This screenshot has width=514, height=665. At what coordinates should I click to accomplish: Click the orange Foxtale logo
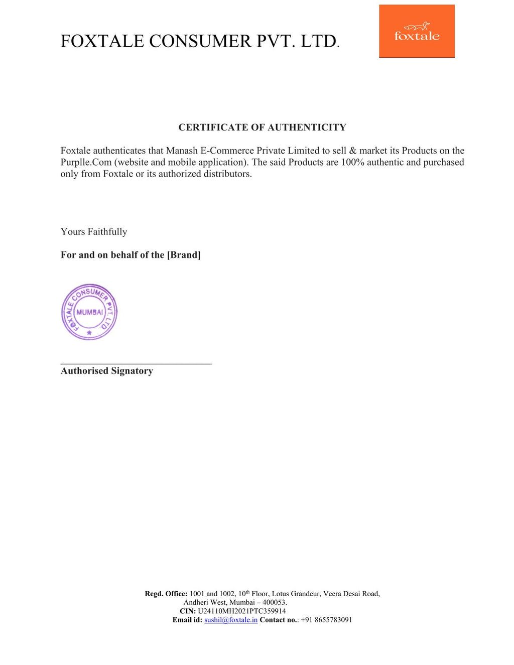[417, 31]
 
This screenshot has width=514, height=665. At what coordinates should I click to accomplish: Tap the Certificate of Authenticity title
[262, 127]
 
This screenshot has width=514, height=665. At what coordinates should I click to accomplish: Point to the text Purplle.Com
[86, 162]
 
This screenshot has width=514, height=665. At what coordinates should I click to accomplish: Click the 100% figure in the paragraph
[352, 162]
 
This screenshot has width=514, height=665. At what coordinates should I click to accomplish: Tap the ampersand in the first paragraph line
[352, 151]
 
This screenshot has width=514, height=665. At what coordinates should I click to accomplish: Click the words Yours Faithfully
[94, 232]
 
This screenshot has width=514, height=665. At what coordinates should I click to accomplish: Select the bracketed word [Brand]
[184, 255]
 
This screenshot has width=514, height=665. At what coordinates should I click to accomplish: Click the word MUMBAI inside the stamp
[89, 312]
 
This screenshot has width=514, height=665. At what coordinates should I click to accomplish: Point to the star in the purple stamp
[89, 332]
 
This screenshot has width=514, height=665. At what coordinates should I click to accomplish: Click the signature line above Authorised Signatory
[136, 363]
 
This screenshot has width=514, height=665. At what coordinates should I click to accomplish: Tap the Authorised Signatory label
[106, 371]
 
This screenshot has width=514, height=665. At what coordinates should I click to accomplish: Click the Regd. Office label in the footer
[166, 594]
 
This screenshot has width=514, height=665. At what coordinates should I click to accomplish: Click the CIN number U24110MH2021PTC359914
[242, 611]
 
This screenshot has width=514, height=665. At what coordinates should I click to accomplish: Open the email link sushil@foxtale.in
[231, 620]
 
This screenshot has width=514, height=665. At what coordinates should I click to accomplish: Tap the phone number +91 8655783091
[326, 620]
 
